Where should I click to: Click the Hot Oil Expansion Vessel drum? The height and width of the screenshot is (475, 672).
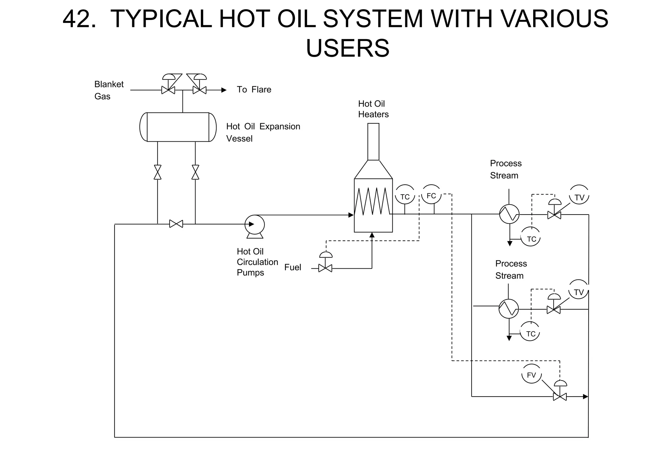click(x=178, y=127)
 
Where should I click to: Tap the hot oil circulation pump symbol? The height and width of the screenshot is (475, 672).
click(x=255, y=225)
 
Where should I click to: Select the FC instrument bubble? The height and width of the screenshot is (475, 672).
click(x=431, y=196)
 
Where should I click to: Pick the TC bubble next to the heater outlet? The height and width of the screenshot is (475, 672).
click(x=405, y=196)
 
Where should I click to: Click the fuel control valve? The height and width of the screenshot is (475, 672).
click(x=325, y=268)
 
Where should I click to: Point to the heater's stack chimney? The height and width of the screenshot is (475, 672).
click(x=373, y=141)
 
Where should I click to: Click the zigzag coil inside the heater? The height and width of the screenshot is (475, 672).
click(x=373, y=201)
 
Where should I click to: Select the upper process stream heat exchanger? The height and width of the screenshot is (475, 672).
click(x=509, y=214)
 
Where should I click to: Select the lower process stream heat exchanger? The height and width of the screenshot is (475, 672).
click(x=509, y=309)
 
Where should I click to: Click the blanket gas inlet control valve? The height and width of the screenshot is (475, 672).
click(x=168, y=90)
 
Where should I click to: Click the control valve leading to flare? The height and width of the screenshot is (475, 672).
click(x=199, y=90)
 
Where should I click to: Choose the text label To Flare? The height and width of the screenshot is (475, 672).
click(x=254, y=90)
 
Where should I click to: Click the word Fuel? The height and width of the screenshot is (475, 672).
click(x=293, y=267)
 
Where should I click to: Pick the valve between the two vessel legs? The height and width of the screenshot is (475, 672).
click(x=176, y=224)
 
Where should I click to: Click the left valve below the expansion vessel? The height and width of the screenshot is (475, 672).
click(x=157, y=172)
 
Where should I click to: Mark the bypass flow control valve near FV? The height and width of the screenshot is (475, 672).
click(x=559, y=396)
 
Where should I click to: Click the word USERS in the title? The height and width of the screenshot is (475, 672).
click(x=347, y=48)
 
